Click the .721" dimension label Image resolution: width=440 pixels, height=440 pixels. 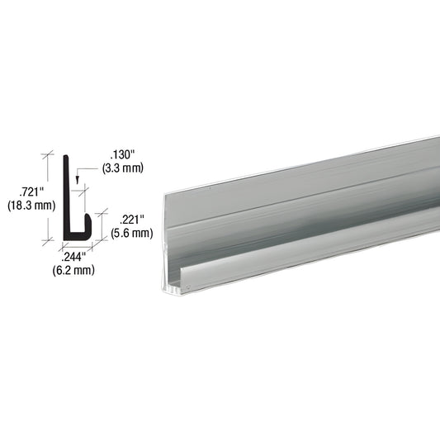click(x=31, y=192)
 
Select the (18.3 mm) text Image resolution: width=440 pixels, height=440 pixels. click(x=31, y=206)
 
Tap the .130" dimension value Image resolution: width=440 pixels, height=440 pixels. click(x=123, y=154)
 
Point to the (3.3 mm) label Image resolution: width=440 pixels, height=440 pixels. click(x=123, y=168)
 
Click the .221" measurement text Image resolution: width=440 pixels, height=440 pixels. click(x=132, y=220)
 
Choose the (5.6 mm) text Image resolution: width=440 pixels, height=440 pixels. click(x=132, y=233)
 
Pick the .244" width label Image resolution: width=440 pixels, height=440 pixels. click(x=73, y=257)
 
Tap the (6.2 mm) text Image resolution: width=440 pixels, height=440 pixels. click(x=73, y=270)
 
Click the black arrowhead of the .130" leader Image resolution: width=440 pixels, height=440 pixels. click(x=77, y=181)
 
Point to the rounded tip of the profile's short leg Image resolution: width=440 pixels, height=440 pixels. click(x=88, y=215)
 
